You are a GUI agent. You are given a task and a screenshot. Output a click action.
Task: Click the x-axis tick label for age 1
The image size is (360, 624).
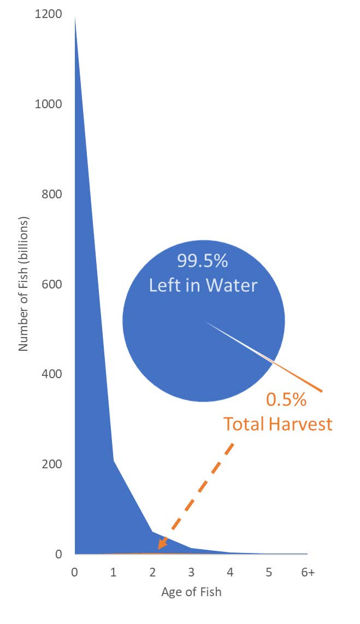[114, 572]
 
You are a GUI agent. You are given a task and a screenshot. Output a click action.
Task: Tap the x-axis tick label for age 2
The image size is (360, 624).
[152, 572]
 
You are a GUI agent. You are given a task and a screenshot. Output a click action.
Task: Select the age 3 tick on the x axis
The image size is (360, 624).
[191, 572]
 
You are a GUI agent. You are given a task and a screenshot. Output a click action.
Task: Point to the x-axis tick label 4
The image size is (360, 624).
[230, 572]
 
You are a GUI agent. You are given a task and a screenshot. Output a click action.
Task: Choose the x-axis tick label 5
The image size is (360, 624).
[269, 572]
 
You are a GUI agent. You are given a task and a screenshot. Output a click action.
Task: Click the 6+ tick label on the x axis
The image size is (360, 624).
[308, 572]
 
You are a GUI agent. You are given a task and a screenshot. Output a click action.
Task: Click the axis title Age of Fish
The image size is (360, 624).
[191, 592]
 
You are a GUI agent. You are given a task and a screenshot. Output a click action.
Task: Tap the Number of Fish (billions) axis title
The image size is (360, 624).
[23, 284]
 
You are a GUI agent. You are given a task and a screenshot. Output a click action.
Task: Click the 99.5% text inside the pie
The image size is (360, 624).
[202, 261]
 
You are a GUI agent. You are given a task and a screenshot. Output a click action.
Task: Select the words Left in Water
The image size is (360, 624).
[203, 285]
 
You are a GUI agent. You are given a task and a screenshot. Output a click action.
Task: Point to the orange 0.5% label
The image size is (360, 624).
[286, 400]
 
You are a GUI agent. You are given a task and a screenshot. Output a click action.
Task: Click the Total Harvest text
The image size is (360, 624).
[278, 423]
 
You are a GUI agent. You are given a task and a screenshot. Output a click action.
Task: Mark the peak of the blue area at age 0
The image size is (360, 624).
[75, 17]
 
